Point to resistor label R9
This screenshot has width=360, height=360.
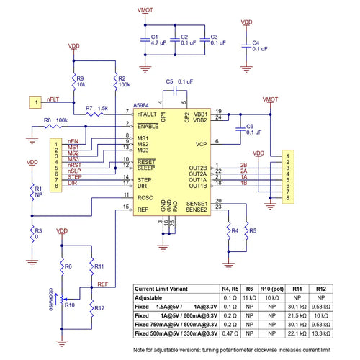tap(81, 78)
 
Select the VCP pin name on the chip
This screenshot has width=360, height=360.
tap(201, 143)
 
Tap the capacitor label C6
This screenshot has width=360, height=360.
tap(249, 126)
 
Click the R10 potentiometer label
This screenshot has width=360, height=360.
tap(70, 305)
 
